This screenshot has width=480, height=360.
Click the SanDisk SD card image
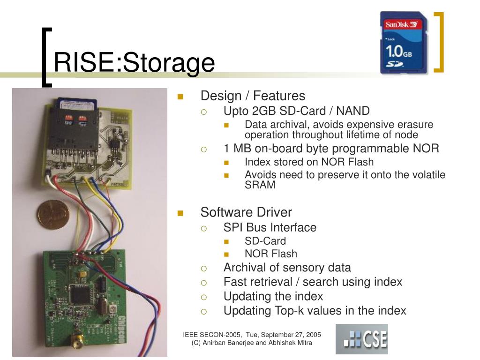404,43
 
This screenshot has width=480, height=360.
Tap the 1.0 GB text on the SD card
398,51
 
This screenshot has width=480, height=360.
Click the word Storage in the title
169,63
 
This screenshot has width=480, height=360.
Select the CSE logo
361,339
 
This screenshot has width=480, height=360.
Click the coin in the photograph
53,214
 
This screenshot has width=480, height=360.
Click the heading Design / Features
253,96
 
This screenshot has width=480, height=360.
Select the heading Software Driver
246,212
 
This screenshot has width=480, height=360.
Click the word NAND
353,111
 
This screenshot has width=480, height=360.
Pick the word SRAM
260,185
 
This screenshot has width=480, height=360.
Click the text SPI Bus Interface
270,227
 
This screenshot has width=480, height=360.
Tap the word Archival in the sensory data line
244,268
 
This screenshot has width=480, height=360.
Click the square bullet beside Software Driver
180,213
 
